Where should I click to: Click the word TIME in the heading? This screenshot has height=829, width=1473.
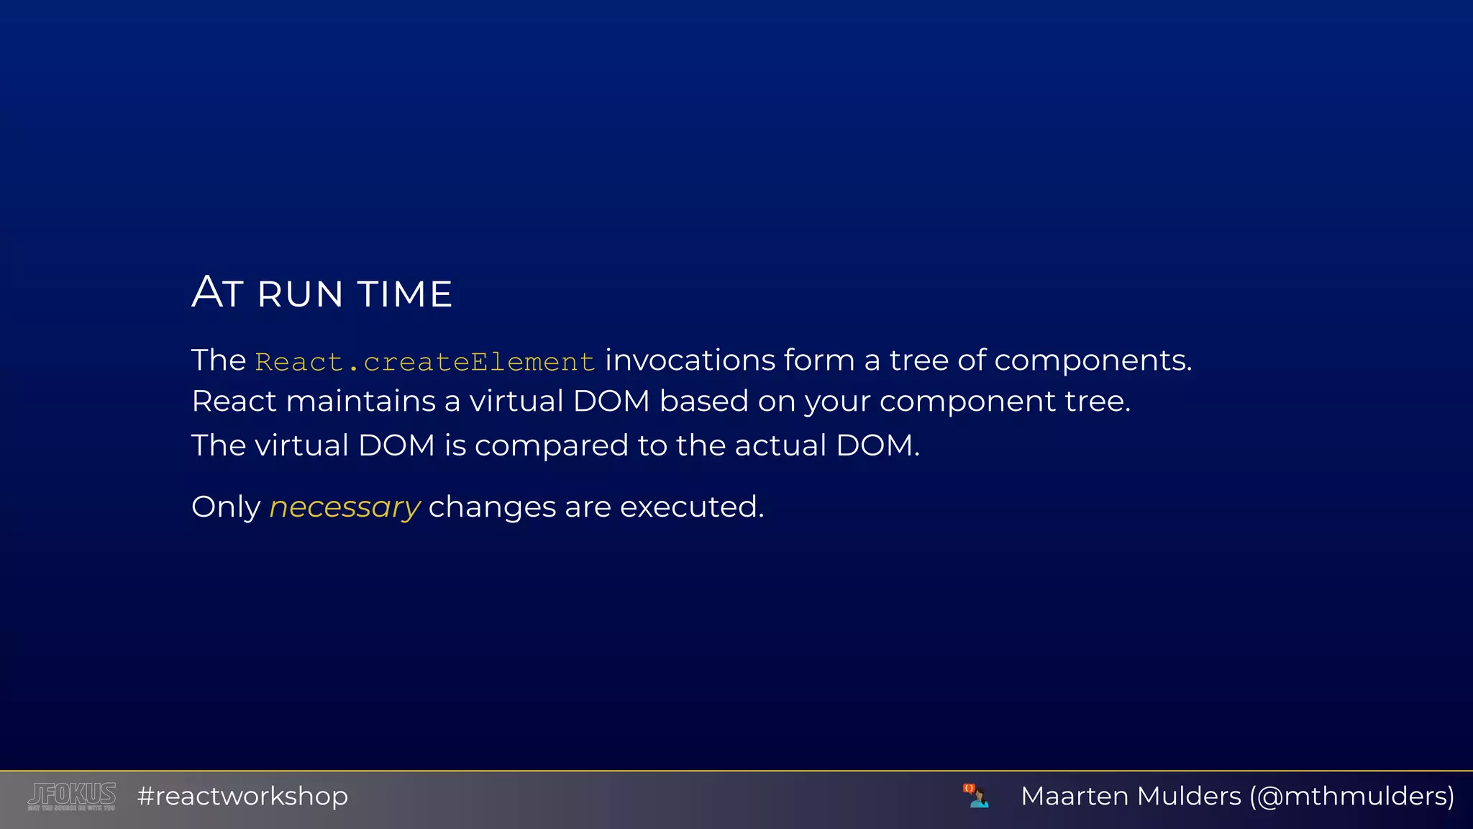tap(405, 294)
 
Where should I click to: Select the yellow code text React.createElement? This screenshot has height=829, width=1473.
tap(425, 362)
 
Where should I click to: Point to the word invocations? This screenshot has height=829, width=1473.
tap(690, 360)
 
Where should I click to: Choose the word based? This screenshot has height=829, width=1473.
tap(703, 402)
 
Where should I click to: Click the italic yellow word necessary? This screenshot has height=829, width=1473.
tap(345, 508)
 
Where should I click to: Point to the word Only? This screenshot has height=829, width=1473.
tap(226, 507)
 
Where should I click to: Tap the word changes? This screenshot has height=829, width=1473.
tap(492, 507)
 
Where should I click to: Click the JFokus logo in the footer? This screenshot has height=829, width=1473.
tap(72, 796)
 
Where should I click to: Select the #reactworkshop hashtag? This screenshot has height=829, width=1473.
tap(242, 797)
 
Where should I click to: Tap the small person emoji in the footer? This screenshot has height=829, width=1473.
tap(976, 796)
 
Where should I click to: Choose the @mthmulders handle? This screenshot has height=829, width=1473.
tap(1351, 797)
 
